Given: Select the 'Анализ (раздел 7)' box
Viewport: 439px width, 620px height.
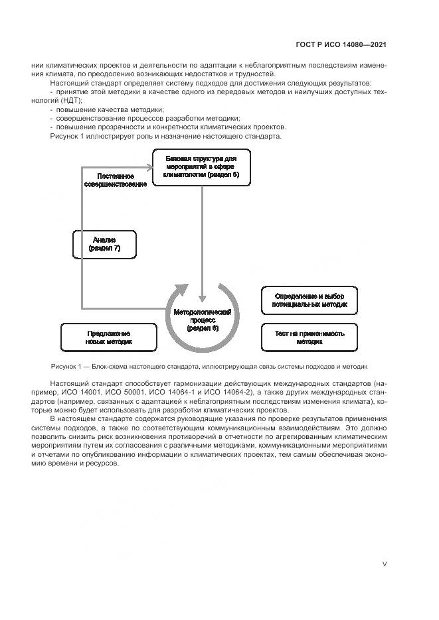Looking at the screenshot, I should click(x=104, y=244).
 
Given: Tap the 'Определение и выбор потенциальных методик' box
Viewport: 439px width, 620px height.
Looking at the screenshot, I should click(x=310, y=300).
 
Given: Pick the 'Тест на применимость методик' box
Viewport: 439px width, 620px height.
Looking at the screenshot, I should click(x=310, y=337).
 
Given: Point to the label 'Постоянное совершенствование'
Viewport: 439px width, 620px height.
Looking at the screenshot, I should click(x=116, y=180).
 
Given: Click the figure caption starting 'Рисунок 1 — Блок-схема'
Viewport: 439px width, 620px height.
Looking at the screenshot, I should click(x=209, y=366).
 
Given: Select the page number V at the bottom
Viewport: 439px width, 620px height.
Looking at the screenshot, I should click(x=385, y=564).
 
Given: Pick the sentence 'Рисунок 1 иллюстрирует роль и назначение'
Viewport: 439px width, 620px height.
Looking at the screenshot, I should click(x=165, y=136).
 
